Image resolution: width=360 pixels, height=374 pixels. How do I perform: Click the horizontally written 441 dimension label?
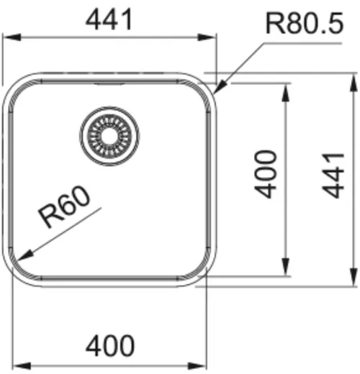point(110,19)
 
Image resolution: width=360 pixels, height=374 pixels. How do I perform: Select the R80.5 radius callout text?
point(303,26)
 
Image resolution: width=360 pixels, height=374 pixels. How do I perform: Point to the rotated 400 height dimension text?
point(267,174)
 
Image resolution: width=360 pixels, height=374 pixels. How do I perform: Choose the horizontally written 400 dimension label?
point(110,346)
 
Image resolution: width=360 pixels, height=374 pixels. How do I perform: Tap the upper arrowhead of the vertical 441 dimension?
point(353,78)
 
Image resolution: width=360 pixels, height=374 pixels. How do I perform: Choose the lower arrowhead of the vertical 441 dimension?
point(353,281)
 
